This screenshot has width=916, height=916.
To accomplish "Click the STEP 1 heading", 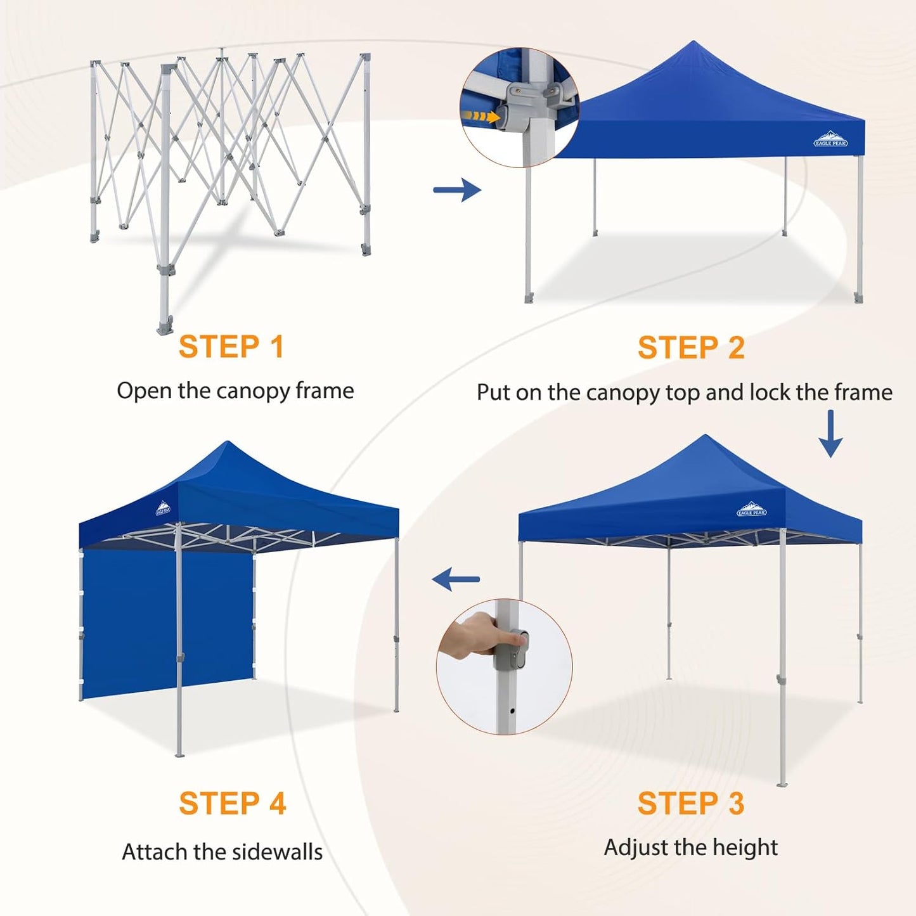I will click(x=231, y=347).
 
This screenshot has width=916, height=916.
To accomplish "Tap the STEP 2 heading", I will click(x=691, y=348).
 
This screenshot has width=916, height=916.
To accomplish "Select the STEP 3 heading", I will click(x=691, y=803).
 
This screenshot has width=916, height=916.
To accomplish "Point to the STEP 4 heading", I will click(x=233, y=803).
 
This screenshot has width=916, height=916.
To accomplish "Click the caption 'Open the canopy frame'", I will click(x=235, y=391).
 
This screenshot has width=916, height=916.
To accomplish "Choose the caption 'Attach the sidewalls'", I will click(x=223, y=851).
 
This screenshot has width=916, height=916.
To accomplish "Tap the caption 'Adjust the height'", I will click(x=691, y=848).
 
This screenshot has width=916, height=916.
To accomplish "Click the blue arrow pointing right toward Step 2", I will click(x=457, y=190).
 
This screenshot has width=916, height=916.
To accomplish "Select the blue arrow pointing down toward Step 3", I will click(x=830, y=434).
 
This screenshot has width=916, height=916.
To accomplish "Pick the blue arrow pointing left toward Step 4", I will click(x=456, y=579).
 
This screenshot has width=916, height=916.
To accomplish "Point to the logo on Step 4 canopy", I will click(x=163, y=508).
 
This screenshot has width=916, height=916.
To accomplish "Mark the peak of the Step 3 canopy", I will click(x=705, y=437).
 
